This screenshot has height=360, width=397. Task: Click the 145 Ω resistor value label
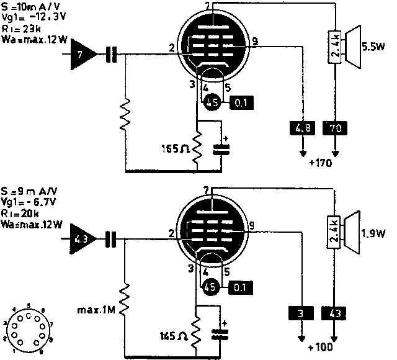[174, 335]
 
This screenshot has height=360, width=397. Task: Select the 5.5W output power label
[373, 45]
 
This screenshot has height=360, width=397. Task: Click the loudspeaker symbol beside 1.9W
[351, 234]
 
